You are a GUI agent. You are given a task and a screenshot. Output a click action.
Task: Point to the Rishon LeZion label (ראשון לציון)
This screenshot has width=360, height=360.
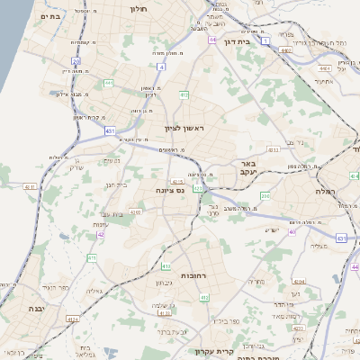click(x=185, y=129)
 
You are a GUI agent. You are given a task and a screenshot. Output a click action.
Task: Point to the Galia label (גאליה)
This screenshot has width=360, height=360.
click(x=95, y=291)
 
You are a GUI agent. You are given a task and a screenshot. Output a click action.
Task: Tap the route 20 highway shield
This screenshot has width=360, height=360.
click(x=76, y=61)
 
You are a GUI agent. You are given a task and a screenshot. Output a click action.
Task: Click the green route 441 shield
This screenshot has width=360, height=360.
click(x=109, y=83)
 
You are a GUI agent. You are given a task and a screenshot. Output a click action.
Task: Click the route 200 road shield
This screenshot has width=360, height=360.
click(x=265, y=195)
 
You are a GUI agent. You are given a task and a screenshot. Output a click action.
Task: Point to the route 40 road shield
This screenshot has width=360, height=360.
click(x=292, y=232)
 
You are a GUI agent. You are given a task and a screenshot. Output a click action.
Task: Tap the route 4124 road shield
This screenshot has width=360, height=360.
click(x=73, y=319)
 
